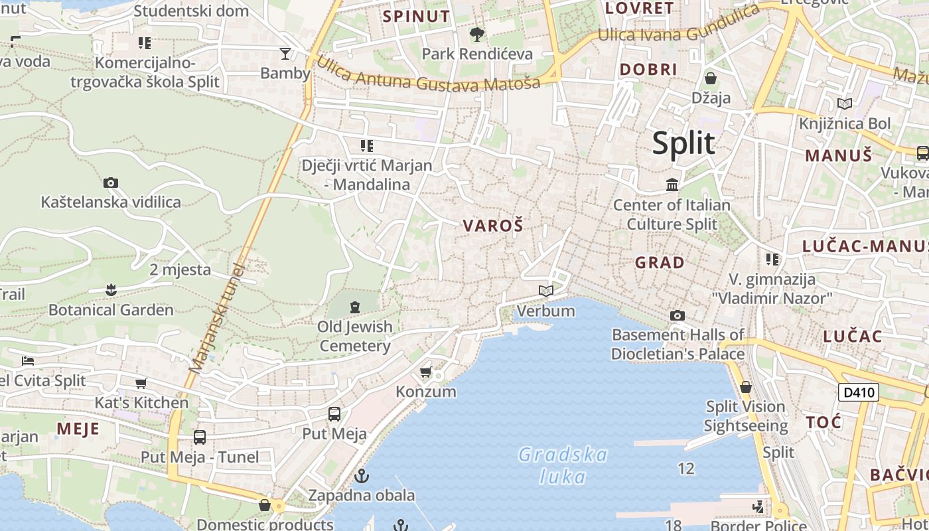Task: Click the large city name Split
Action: tap(683, 143)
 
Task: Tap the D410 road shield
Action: tap(858, 392)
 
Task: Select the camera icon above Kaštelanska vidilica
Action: tap(111, 183)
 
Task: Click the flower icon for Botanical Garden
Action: tap(111, 289)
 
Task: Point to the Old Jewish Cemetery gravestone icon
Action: tap(355, 307)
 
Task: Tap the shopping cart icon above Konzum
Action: tap(426, 372)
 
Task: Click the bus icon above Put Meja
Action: tap(334, 414)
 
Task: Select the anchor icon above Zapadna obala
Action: tap(362, 476)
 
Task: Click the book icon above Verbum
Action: tap(546, 291)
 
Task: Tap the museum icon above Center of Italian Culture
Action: tap(672, 184)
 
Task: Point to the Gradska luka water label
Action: tap(563, 465)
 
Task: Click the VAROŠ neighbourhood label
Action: tap(493, 226)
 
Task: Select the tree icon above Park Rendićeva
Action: tap(476, 34)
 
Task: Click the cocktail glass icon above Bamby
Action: tap(285, 53)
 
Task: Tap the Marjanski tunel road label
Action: tap(217, 317)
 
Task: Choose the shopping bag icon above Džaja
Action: tap(711, 78)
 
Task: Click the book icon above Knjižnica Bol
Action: tap(845, 104)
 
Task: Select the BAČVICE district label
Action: tap(898, 475)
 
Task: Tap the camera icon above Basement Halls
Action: tap(678, 315)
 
